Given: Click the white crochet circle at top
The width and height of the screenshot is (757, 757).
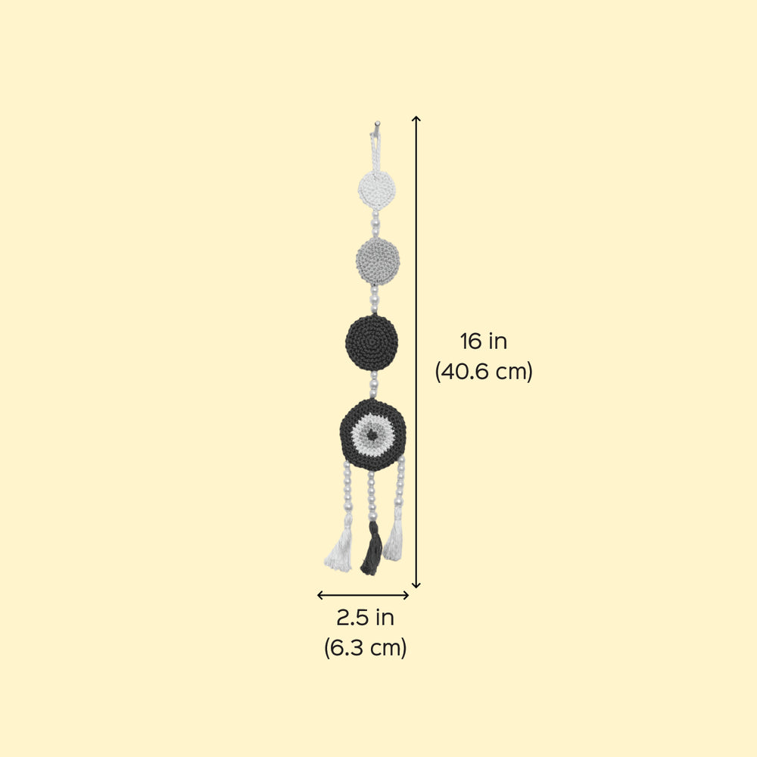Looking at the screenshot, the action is [x=377, y=189].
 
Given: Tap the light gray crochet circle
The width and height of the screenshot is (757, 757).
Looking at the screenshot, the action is [x=378, y=261].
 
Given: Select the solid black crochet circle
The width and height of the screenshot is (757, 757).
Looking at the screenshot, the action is [x=372, y=342].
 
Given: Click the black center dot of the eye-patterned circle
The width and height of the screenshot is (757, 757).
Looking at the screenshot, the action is [x=372, y=435].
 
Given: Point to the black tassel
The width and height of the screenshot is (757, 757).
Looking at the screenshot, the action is [x=372, y=548].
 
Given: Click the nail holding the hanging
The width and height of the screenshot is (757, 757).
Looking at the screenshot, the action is [x=377, y=124].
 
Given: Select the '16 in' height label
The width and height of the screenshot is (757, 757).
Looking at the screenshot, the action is [x=483, y=341].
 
